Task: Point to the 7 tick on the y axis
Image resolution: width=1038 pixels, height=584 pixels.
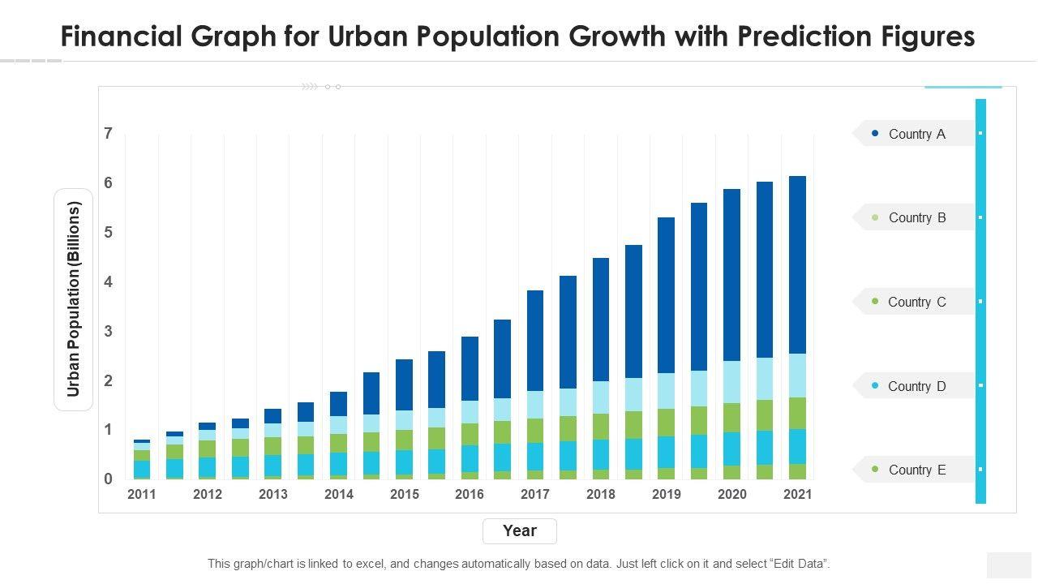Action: tap(109, 134)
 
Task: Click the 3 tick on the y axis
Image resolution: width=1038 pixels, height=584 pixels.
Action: tap(109, 331)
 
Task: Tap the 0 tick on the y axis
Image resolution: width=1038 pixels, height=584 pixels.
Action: tap(109, 479)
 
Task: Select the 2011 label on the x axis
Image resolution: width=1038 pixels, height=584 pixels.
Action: tap(142, 494)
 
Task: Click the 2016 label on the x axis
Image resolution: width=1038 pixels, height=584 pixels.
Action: tap(470, 494)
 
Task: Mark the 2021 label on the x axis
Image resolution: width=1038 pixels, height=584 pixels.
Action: tap(797, 494)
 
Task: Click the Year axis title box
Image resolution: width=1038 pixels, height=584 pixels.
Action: tap(519, 531)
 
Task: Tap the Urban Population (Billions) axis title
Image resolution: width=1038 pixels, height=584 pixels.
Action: tap(74, 300)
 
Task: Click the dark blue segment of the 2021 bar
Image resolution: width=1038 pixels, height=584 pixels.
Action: tap(797, 264)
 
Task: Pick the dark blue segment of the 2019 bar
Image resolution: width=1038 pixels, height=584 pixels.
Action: tap(666, 295)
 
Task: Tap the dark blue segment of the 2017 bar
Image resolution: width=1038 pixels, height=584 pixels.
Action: tap(535, 341)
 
